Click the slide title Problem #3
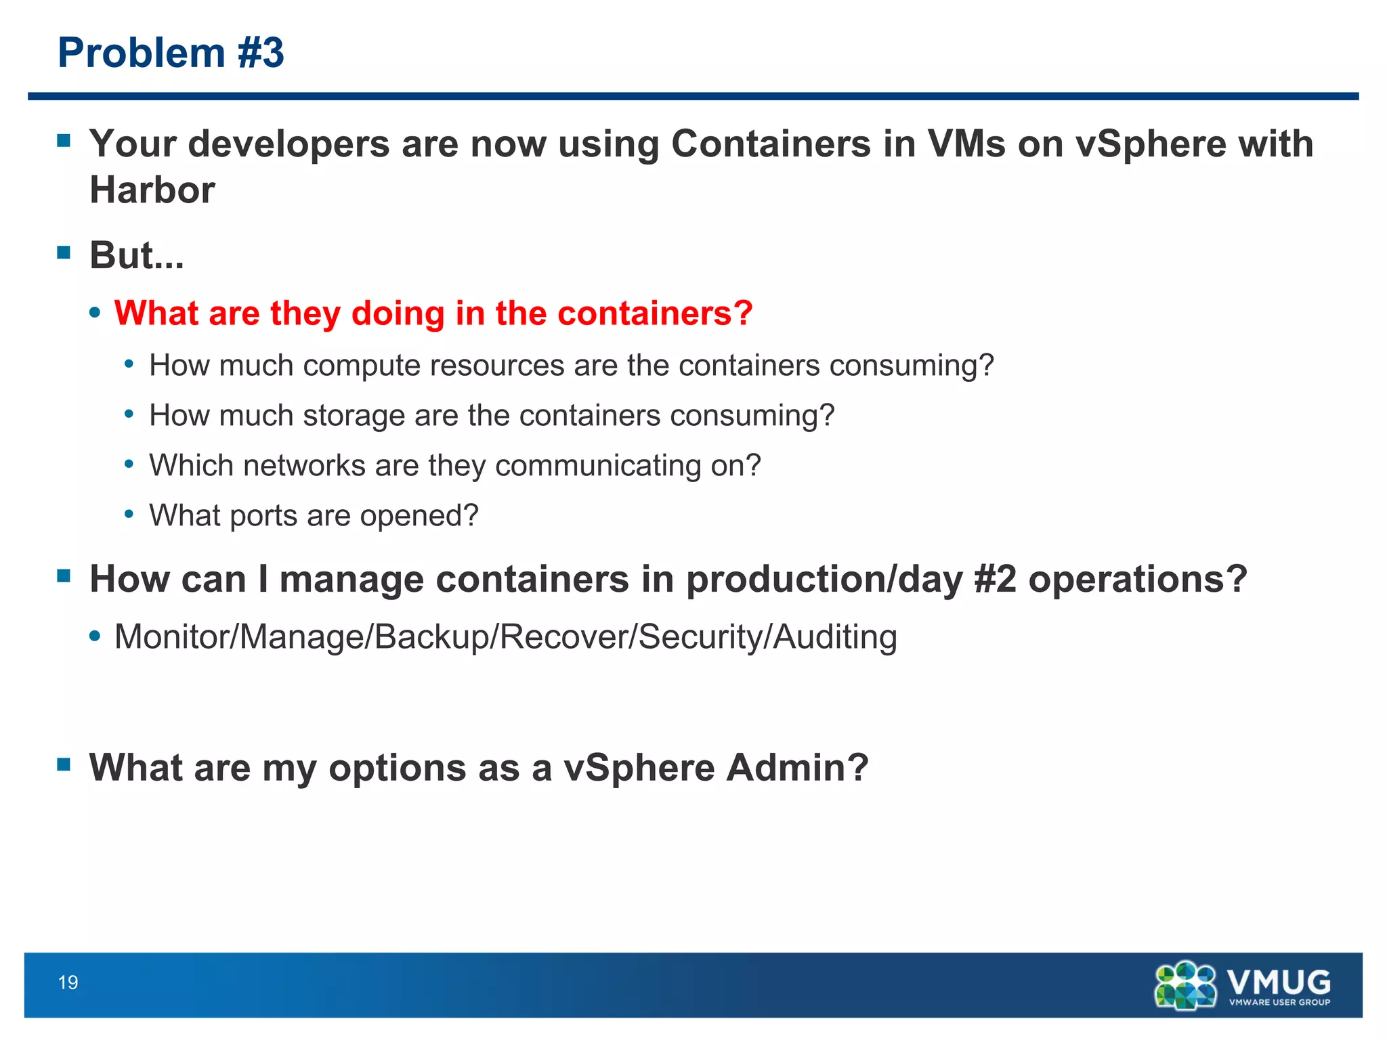tap(171, 53)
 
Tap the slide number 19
tap(68, 982)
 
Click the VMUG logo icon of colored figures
tap(1185, 986)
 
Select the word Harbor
tap(152, 190)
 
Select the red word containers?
tap(655, 313)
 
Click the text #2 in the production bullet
tap(995, 580)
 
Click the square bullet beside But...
tap(64, 253)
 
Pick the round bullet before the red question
tap(95, 313)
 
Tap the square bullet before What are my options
tap(64, 765)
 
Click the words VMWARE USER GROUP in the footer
tap(1279, 1002)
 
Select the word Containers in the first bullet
tap(771, 144)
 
